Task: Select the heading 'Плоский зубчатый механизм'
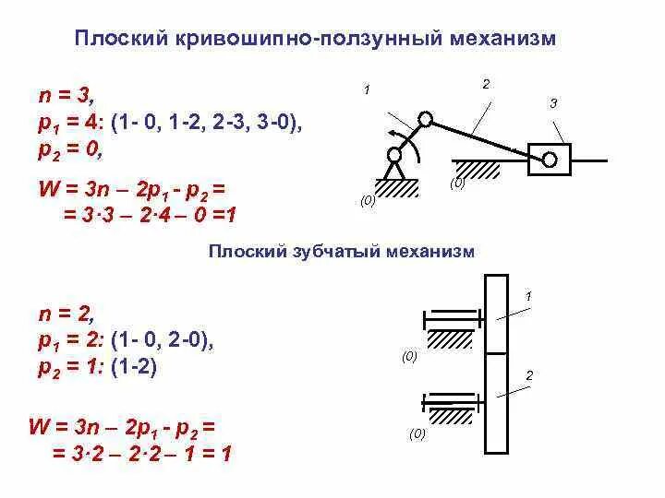click(x=341, y=252)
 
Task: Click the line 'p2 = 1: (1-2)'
click(x=97, y=367)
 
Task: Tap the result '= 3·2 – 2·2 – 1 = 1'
click(x=135, y=453)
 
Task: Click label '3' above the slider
click(x=553, y=103)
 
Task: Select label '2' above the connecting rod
click(x=486, y=85)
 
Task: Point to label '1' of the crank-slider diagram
click(x=367, y=90)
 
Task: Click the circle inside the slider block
click(x=550, y=160)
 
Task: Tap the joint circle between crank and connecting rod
click(x=426, y=119)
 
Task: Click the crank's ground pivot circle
click(x=394, y=156)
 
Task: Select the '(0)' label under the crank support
click(x=368, y=200)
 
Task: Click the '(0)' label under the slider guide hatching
click(x=458, y=184)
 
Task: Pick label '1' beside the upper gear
click(x=528, y=297)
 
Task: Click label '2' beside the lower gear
click(x=529, y=375)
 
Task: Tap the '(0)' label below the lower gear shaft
click(x=417, y=433)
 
